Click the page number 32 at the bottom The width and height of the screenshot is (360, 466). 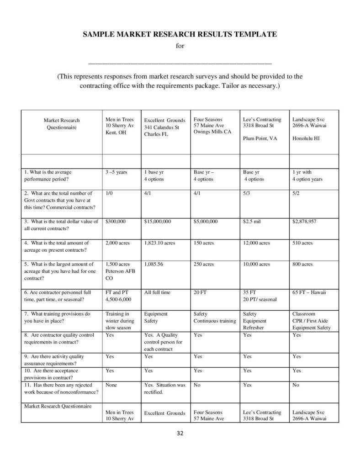tap(180, 434)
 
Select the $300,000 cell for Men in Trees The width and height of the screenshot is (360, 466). tap(116, 222)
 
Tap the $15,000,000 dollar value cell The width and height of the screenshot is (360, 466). tap(158, 222)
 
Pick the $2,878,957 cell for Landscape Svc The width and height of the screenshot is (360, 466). tap(304, 222)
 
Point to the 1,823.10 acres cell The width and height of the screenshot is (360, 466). tap(159, 243)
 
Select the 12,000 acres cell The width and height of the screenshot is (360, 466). tap(256, 243)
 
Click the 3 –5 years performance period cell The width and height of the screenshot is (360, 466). tap(116, 172)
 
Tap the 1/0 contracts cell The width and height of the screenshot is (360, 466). tap(110, 194)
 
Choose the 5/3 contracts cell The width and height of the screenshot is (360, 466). tap(247, 194)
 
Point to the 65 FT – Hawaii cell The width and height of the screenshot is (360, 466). tap(309, 292)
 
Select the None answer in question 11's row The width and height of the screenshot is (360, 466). tap(111, 385)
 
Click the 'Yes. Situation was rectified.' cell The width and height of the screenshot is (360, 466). tap(164, 388)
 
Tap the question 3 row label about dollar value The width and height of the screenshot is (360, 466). tap(61, 225)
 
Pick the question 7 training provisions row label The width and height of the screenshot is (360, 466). tap(58, 317)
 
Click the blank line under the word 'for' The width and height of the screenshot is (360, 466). tap(180, 62)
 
